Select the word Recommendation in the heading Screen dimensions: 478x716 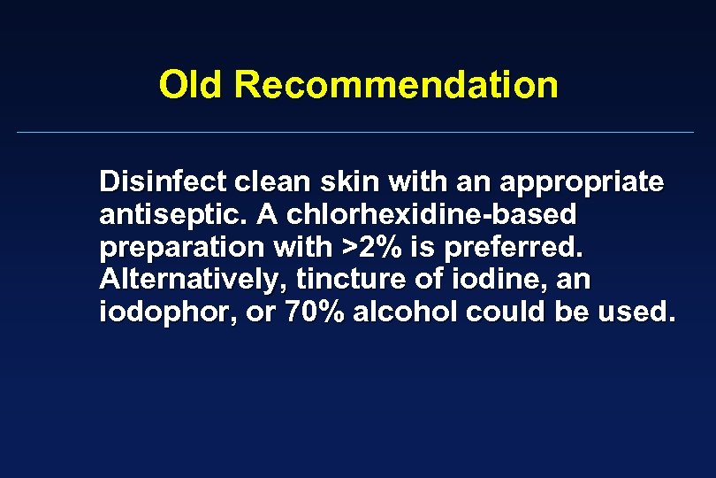coord(397,86)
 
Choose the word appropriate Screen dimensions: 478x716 coord(582,183)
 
